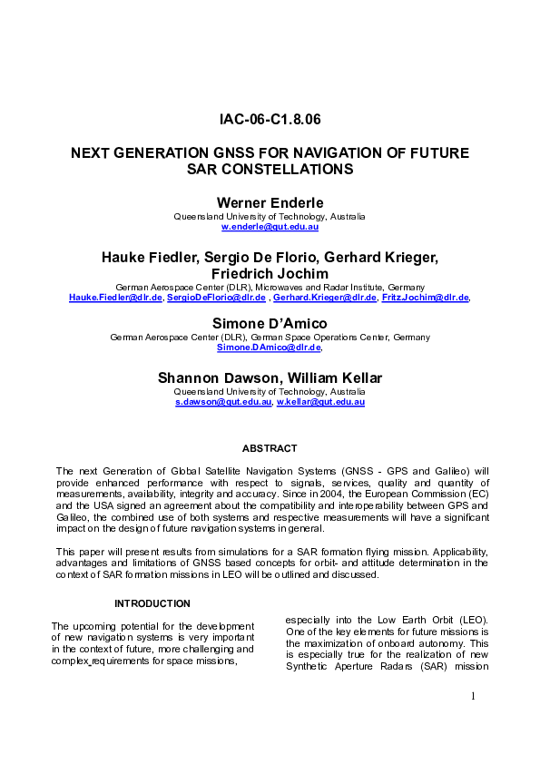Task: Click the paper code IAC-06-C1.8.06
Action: tap(270, 120)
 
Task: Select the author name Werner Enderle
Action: tap(270, 201)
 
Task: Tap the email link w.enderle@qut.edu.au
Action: tap(270, 227)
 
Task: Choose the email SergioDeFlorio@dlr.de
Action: tap(217, 297)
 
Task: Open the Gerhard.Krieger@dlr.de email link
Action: tap(324, 297)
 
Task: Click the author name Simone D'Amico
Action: tap(270, 323)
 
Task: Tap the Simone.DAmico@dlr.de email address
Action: tap(269, 348)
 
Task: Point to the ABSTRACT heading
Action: tap(270, 448)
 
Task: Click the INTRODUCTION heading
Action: tap(152, 603)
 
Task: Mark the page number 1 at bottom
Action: tap(474, 721)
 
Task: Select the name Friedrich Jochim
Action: tap(270, 274)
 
